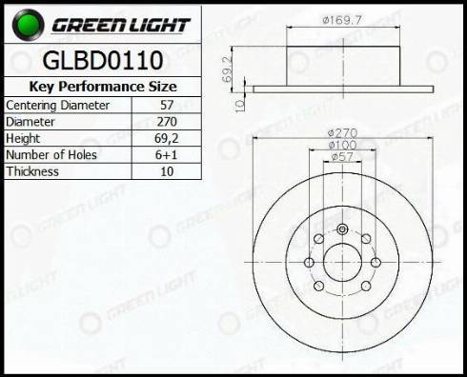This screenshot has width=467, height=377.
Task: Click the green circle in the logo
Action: tap(28, 25)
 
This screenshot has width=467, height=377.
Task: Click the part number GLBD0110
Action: tap(103, 60)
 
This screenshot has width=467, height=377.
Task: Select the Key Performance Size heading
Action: tap(103, 87)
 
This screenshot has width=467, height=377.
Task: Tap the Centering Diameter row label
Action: tap(57, 106)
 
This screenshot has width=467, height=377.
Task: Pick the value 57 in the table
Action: tap(167, 105)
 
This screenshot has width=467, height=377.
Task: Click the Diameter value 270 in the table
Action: tap(167, 122)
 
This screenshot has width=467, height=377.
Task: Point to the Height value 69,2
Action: tap(167, 138)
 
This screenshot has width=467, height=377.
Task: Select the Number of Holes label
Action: tap(51, 155)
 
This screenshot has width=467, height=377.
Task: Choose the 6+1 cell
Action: tap(166, 155)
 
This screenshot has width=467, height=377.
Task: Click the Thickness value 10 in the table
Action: tap(167, 171)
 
